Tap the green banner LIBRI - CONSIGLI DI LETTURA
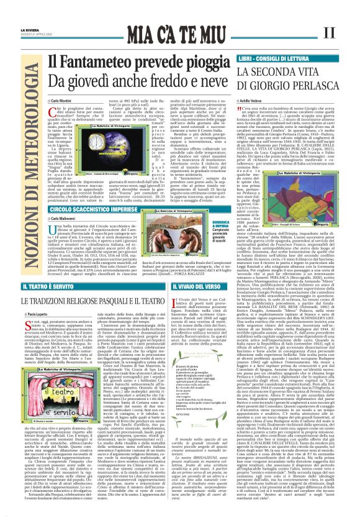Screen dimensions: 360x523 (x=274, y=58)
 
